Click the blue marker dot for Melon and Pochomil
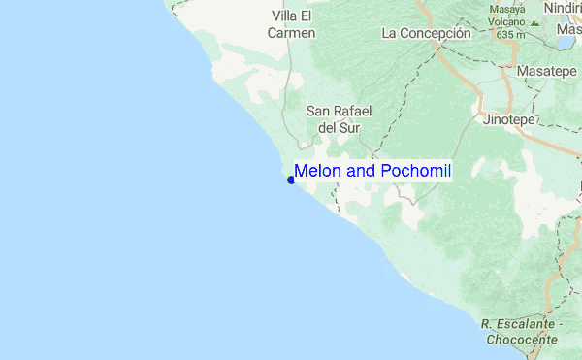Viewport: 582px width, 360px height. [x=291, y=180]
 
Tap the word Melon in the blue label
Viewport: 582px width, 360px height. [x=314, y=171]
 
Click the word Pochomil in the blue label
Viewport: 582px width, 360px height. [x=415, y=171]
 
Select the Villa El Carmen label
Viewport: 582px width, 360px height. [x=292, y=24]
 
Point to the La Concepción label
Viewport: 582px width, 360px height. [x=426, y=33]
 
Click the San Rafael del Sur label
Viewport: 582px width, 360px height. [x=335, y=118]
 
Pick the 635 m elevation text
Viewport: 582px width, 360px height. [x=510, y=34]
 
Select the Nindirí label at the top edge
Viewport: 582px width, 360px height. [x=563, y=7]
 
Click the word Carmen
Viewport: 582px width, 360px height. [x=292, y=33]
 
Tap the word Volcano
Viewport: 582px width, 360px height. [x=506, y=21]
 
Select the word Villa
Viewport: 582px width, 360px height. [x=286, y=16]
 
